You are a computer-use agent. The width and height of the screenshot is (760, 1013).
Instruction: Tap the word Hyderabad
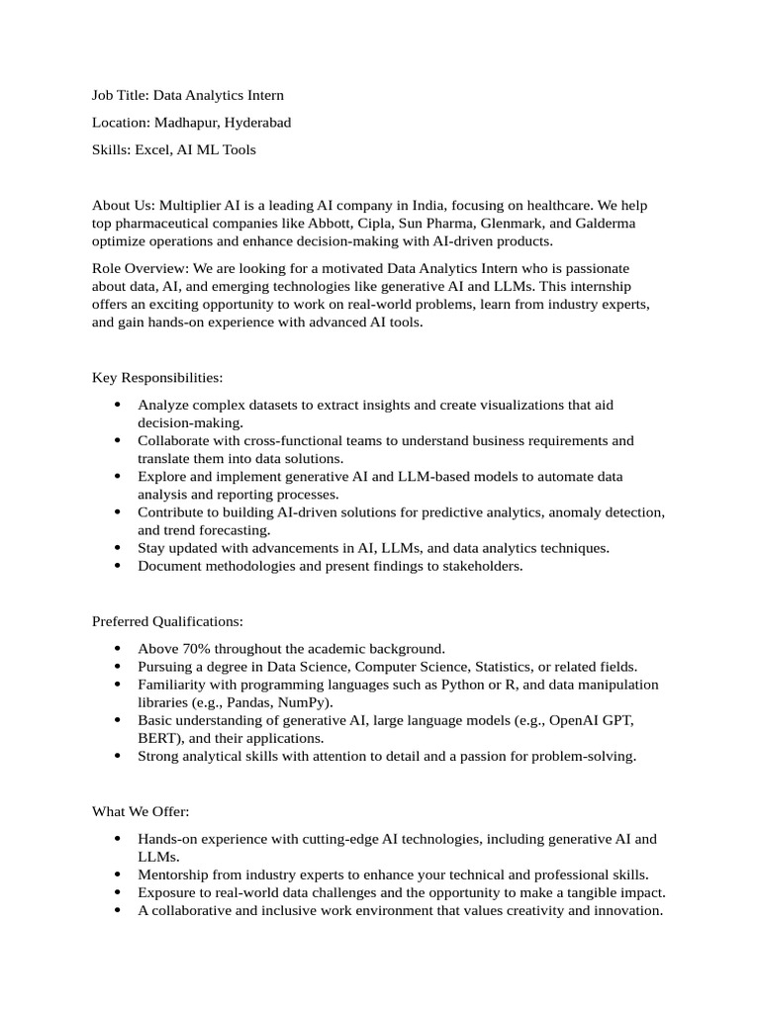257,123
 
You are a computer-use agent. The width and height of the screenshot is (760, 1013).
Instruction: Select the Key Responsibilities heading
157,378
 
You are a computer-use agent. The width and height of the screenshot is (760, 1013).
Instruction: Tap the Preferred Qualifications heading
167,621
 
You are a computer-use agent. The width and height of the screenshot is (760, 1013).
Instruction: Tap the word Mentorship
175,875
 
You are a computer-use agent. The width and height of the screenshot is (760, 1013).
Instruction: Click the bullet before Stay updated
118,548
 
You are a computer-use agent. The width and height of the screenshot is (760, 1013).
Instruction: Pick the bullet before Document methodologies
118,566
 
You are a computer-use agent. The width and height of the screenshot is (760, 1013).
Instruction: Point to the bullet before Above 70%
118,649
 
